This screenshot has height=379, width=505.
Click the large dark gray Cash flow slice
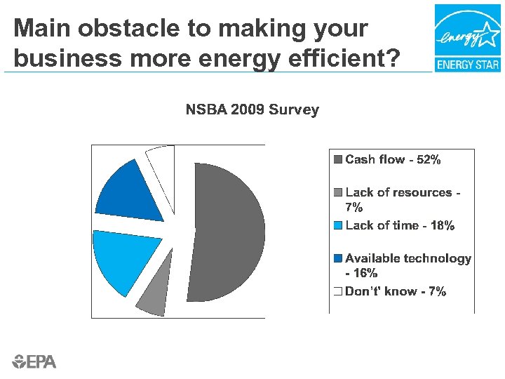[228, 232]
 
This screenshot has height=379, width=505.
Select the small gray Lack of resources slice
[151, 300]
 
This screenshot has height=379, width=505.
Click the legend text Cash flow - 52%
[393, 160]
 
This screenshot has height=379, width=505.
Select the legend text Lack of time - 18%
[400, 225]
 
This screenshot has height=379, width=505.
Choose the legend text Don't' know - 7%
[396, 291]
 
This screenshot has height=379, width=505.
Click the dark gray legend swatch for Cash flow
[338, 160]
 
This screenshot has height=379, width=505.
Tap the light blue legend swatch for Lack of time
[338, 225]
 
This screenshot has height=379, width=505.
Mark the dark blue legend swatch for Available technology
[338, 258]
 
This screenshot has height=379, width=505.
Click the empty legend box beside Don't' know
[338, 291]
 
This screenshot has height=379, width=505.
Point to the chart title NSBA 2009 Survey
[252, 110]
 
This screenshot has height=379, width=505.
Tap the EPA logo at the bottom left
[34, 361]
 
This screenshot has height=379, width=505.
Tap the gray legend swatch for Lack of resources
[338, 192]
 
